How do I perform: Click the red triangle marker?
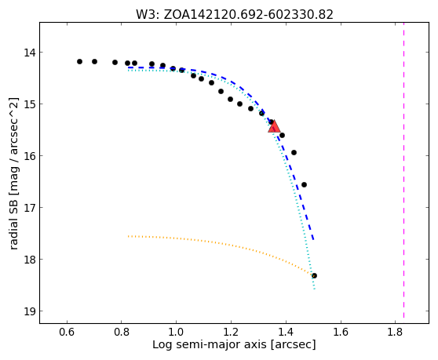[274, 127]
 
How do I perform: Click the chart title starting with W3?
[235, 15]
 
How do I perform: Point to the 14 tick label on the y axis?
[30, 53]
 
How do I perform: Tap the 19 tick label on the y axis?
[30, 311]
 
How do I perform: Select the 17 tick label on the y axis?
[30, 208]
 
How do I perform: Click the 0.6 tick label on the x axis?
[67, 332]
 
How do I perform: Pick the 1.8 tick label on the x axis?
[395, 332]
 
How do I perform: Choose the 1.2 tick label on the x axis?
[231, 332]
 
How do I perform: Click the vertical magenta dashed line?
[403, 170]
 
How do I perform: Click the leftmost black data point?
[79, 61]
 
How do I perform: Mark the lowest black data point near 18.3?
[314, 276]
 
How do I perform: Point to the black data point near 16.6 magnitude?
[305, 185]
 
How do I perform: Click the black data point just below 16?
[294, 152]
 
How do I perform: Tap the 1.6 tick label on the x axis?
[341, 332]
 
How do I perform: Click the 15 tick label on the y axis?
[30, 104]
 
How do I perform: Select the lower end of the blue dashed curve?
[313, 239]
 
